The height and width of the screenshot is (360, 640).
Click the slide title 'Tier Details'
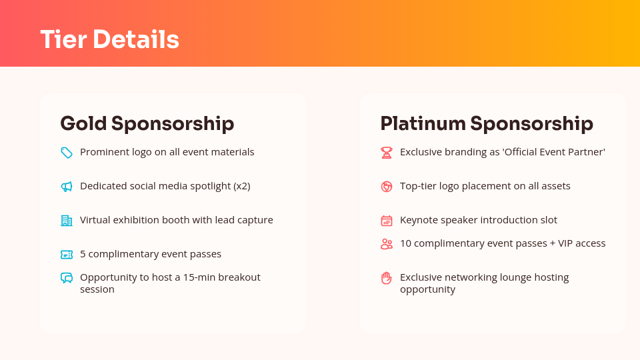click(x=109, y=39)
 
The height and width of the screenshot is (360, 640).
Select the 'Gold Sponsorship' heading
click(x=147, y=123)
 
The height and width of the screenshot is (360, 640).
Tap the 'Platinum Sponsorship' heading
click(x=486, y=123)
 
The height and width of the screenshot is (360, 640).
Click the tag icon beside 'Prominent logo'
click(x=67, y=153)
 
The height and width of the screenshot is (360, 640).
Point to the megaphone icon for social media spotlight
click(x=67, y=187)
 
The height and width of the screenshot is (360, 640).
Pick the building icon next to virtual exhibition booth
click(x=67, y=221)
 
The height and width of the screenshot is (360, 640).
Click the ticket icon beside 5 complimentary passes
click(x=67, y=255)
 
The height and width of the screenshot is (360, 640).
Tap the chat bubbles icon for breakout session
click(x=67, y=278)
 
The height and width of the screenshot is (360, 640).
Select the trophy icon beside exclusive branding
click(x=387, y=153)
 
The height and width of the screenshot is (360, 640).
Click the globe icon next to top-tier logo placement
click(x=387, y=187)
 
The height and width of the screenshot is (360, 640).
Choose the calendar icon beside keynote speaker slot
click(x=387, y=221)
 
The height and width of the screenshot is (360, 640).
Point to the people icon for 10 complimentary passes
click(x=387, y=244)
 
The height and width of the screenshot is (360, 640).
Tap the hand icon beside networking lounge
click(x=387, y=278)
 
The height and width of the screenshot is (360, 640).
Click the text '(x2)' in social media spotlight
click(x=242, y=186)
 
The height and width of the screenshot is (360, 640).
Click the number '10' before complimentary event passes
click(x=405, y=243)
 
